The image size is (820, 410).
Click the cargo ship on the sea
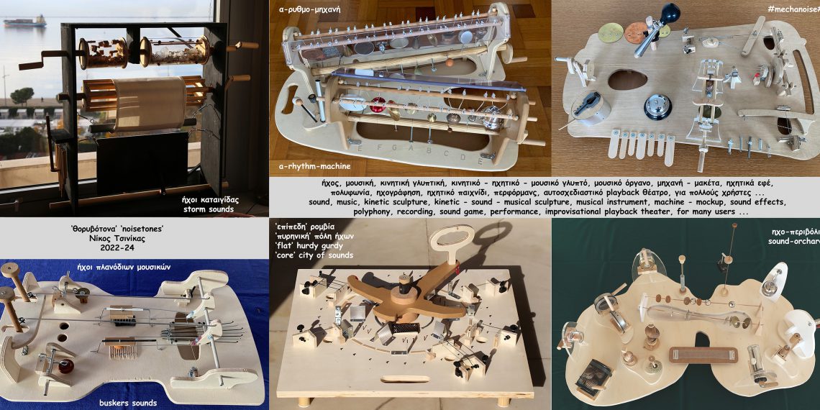coord(24,22)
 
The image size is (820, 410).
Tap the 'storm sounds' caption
coord(209,209)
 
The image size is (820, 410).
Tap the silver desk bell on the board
coord(657,106)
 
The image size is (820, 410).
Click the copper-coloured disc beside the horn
coord(634,32)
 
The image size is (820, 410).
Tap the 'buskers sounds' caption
coord(128,403)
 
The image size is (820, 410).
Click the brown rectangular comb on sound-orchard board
coord(703,355)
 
